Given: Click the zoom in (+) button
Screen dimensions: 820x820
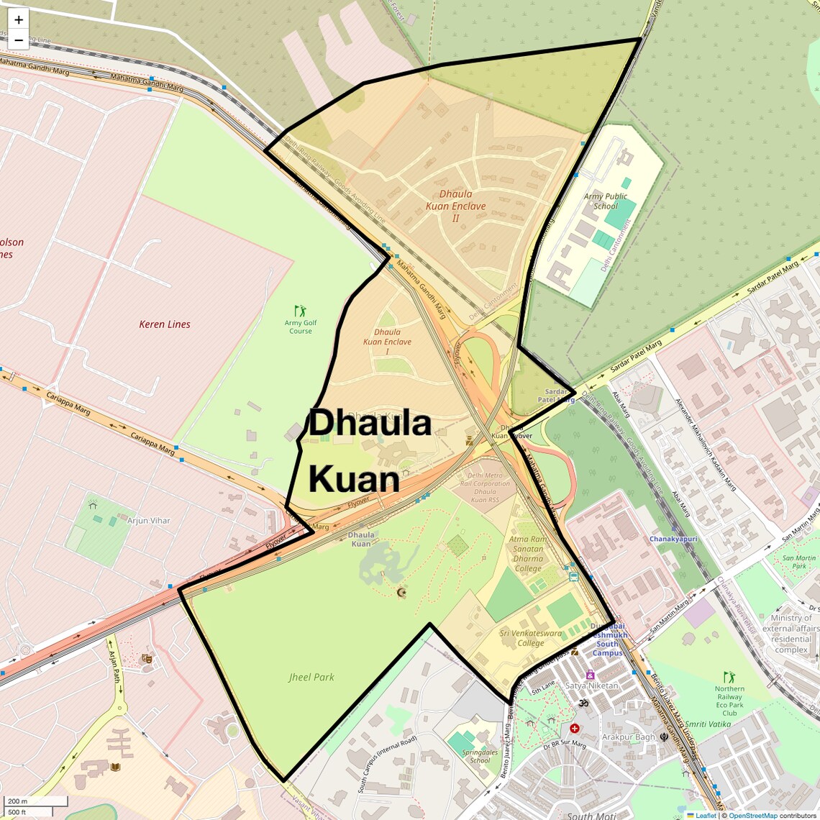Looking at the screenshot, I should pos(19,19).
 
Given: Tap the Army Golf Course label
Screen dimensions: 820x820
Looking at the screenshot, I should pos(301,327).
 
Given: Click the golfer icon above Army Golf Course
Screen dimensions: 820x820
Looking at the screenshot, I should pos(301,311).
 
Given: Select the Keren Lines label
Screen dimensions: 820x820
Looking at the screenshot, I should pos(165,324).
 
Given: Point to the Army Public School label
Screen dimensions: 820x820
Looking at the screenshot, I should pos(606,201).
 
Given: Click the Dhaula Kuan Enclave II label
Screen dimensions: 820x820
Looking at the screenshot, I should pos(455,206).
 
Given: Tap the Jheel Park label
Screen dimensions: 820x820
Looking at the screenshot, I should pos(311,677).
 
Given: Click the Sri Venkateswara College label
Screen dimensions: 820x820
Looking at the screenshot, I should pos(531,638).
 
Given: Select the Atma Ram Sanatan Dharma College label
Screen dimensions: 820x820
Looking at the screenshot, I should pos(528,553).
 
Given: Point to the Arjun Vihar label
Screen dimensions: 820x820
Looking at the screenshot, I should pos(149,520).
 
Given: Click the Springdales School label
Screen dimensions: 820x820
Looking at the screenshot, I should pos(480,756).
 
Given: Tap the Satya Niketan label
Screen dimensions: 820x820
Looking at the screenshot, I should pos(591,685).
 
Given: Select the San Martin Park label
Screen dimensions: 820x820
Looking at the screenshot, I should pos(799,562).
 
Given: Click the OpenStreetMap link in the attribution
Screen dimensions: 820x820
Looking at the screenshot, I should pos(752,816).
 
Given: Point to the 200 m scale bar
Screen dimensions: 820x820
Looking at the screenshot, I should pos(36,801).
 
